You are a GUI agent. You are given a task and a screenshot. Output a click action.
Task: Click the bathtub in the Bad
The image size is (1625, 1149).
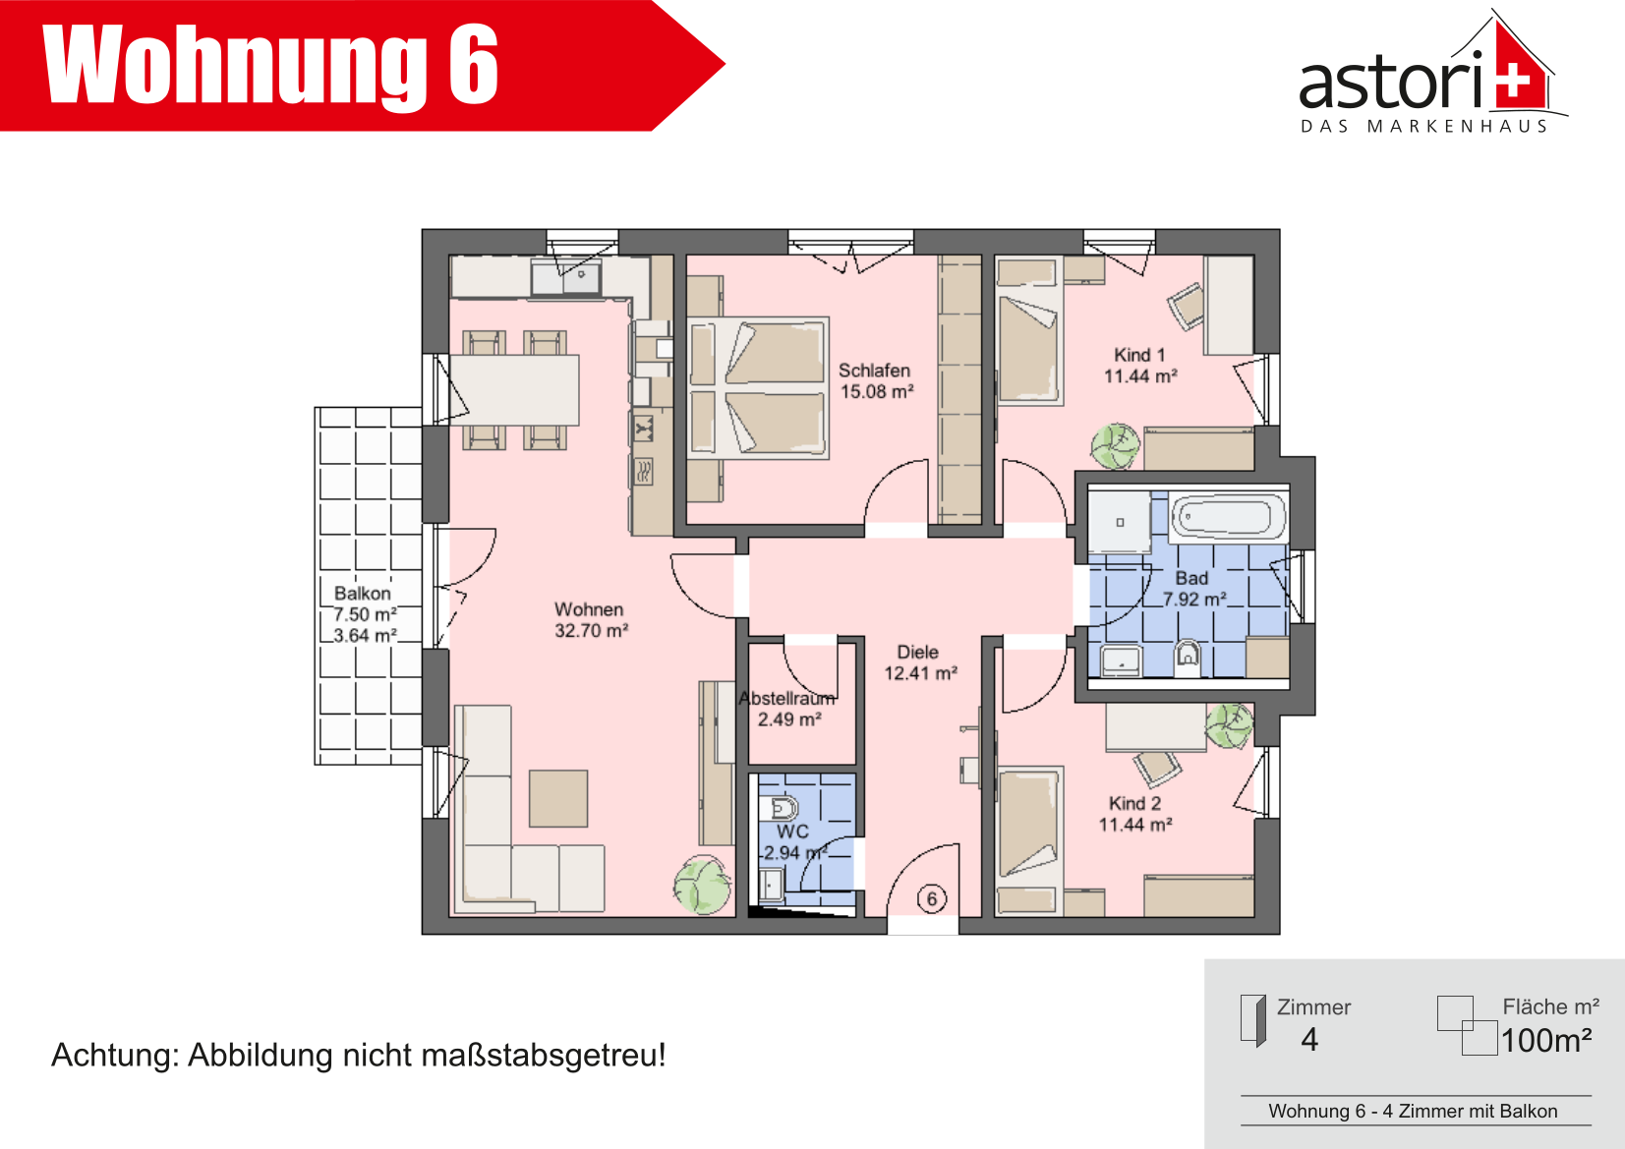(x=1228, y=517)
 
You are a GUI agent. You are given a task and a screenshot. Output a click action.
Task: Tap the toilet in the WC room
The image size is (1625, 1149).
(x=780, y=808)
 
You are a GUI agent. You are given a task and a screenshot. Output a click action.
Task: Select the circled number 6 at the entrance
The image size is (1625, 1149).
(x=932, y=899)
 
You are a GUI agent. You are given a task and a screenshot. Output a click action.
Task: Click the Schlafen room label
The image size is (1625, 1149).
(x=874, y=371)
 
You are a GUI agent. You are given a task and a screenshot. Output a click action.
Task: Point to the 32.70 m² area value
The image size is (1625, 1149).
(x=591, y=631)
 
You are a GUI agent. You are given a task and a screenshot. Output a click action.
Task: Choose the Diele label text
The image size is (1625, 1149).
(x=918, y=652)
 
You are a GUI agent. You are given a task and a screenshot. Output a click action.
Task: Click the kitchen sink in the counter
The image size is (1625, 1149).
(x=566, y=278)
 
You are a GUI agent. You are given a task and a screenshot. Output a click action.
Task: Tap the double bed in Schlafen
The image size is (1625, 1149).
(x=758, y=387)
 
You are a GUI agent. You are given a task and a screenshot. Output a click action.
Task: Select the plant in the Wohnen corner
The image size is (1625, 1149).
(x=702, y=885)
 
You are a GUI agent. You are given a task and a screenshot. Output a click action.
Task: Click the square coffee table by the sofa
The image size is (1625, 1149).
(x=557, y=799)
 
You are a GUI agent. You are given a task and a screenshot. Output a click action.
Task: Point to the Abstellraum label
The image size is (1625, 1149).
(x=787, y=699)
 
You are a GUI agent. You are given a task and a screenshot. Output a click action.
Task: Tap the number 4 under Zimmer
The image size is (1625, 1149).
(x=1309, y=1040)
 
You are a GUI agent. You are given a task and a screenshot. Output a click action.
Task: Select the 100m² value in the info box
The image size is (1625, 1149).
(x=1546, y=1040)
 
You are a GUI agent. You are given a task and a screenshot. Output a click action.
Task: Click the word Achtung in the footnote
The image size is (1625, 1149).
(x=115, y=1057)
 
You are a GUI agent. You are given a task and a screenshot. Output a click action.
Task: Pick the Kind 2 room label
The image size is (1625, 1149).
(x=1135, y=804)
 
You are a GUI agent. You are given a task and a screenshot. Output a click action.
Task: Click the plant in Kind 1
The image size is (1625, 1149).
(x=1115, y=446)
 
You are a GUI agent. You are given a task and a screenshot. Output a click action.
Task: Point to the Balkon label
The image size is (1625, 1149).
(x=362, y=594)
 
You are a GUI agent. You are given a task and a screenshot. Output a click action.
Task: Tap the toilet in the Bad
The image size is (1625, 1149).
(x=1187, y=657)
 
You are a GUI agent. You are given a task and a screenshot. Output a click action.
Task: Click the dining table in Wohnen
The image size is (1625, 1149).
(x=514, y=389)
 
